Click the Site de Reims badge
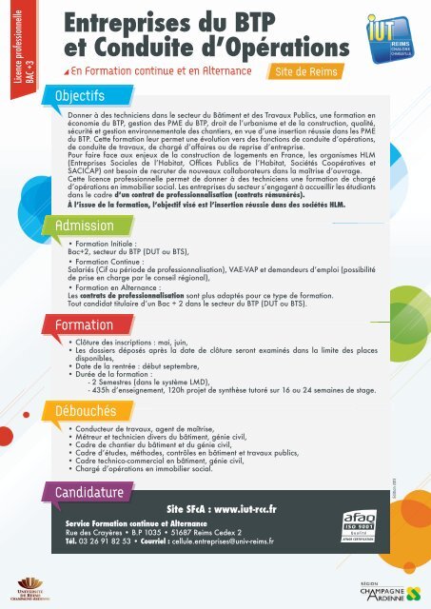pyautogui.click(x=298, y=71)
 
